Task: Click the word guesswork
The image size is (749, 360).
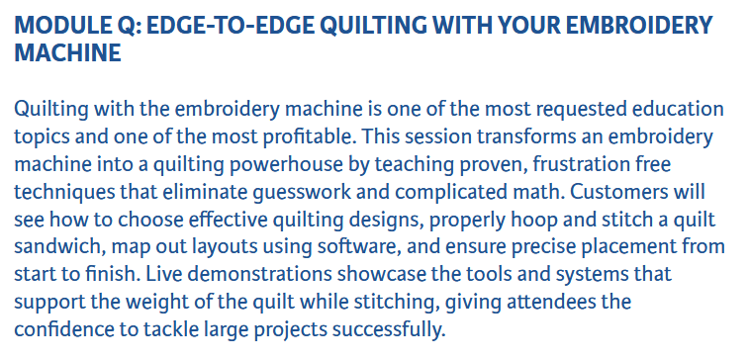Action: pos(298,193)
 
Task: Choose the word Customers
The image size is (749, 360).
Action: pos(620,192)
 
